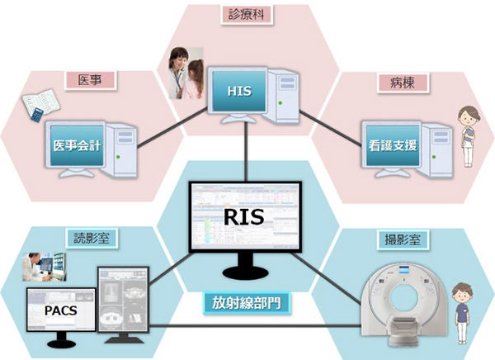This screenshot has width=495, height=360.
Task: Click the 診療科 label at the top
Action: pos(247,15)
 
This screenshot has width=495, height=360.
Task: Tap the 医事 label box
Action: pos(91,80)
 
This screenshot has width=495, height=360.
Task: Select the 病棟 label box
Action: pos(403,83)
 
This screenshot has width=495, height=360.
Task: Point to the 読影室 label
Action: pos(92,238)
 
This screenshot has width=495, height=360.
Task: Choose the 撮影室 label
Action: pos(403,240)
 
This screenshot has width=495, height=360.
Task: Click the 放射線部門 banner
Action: pos(246,303)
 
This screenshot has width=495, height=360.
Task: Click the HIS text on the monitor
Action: pos(239,91)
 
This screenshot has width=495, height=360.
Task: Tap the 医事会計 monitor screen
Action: pos(77,145)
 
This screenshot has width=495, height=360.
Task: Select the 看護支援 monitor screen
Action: pos(393,145)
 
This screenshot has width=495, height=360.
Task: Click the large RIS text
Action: pos(243,217)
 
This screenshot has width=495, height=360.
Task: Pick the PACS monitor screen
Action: pos(61,310)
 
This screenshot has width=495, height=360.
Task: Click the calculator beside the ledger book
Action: pos(36,115)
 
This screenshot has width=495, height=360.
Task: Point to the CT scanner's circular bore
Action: pos(403,297)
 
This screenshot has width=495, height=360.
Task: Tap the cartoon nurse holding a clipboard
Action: pos(468,136)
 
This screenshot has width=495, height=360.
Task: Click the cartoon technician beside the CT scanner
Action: pos(461,313)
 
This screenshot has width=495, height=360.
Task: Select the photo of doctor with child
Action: pos(186,73)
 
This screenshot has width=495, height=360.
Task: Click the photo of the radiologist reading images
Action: pos(45,267)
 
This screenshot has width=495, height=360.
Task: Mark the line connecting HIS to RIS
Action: pos(246,152)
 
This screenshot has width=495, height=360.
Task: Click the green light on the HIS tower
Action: pos(280,102)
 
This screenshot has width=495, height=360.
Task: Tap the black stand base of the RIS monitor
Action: pos(246,272)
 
